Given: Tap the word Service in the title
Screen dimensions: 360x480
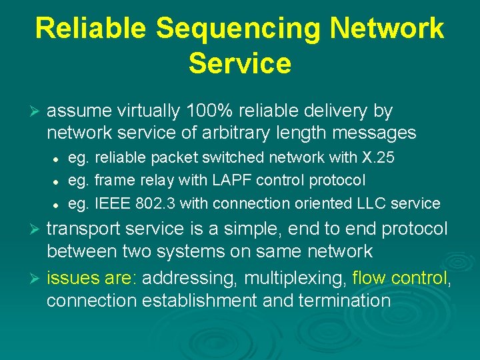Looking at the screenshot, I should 240,63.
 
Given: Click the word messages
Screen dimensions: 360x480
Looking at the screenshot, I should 373,133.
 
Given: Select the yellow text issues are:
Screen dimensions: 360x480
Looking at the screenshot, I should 91,277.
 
